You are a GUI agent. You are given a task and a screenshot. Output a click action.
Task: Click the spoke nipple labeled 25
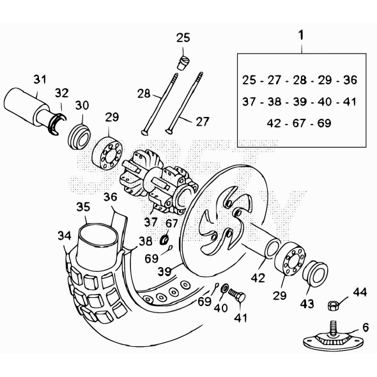(x=183, y=63)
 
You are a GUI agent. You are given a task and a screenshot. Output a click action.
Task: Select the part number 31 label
(x=40, y=79)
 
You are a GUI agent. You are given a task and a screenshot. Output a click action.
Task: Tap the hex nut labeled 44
(x=333, y=305)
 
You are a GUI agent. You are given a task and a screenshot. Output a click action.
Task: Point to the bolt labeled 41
(x=236, y=295)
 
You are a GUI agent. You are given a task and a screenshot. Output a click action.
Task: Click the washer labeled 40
(x=225, y=288)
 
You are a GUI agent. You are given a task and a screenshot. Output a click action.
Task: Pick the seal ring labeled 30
(x=79, y=137)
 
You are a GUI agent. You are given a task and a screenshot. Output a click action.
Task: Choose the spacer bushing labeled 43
(x=314, y=273)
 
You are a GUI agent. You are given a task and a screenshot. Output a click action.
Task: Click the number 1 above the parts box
(x=301, y=35)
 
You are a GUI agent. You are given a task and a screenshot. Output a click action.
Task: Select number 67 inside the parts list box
(x=299, y=123)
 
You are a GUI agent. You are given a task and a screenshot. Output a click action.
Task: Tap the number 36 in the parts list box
(x=350, y=80)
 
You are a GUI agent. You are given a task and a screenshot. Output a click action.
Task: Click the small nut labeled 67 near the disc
(x=165, y=240)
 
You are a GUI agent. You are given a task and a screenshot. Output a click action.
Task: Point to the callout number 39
(x=165, y=272)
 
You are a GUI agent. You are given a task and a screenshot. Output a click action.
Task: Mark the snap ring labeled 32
(x=57, y=123)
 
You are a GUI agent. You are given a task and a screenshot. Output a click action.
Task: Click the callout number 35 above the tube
(x=83, y=207)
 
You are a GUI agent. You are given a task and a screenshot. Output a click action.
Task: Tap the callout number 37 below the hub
(x=151, y=222)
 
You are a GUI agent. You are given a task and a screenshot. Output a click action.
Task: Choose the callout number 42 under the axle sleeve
(x=258, y=278)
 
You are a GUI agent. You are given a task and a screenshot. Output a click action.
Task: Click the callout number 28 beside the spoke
(x=144, y=93)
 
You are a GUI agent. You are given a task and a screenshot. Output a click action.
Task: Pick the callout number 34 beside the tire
(x=65, y=236)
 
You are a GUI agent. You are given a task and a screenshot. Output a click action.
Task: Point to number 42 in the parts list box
(x=274, y=123)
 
